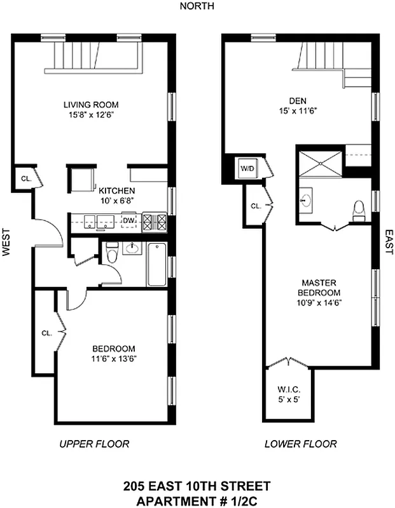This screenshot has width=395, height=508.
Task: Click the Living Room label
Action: pos(91,105)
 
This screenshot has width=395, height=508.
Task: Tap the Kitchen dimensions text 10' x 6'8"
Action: pos(115,201)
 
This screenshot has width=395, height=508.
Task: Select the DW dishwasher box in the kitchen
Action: pos(129,221)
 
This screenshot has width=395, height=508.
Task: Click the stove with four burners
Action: pos(156,222)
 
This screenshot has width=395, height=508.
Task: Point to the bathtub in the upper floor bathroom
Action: pos(156,265)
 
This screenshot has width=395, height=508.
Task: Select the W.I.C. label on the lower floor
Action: pos(288,389)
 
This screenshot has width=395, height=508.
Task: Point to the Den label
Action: pos(298,100)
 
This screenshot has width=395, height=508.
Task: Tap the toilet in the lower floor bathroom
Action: pos(359,211)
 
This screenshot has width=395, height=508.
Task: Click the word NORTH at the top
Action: pos(197,6)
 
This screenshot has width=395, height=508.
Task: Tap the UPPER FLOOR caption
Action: pos(94,444)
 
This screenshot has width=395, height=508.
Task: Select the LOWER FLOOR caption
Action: pos(301,444)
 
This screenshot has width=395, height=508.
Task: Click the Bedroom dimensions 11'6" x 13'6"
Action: pos(114,359)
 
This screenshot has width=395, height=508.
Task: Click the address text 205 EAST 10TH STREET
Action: pos(197,486)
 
